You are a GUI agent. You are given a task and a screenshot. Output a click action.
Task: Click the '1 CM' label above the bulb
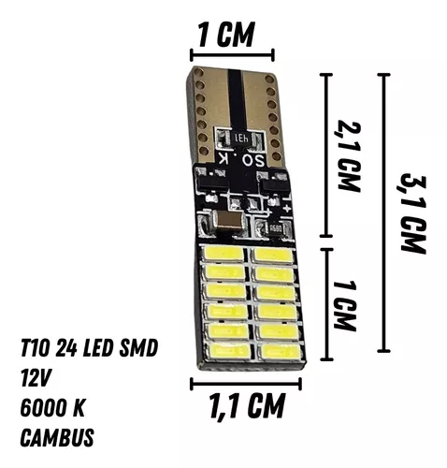[226, 35]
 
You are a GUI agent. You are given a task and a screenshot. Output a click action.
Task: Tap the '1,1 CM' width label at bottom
[247, 406]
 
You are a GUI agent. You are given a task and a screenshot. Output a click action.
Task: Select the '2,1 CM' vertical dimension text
[348, 155]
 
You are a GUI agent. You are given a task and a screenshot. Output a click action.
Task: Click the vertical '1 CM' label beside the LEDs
[344, 305]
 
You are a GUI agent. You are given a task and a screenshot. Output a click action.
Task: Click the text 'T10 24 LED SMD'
[89, 348]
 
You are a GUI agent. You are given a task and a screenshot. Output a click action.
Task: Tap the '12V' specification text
[36, 378]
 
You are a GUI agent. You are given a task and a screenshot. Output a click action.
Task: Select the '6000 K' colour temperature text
[52, 408]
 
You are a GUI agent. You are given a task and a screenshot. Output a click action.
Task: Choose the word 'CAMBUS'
[57, 437]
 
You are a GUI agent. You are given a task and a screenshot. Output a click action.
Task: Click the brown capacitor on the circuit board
[227, 223]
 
